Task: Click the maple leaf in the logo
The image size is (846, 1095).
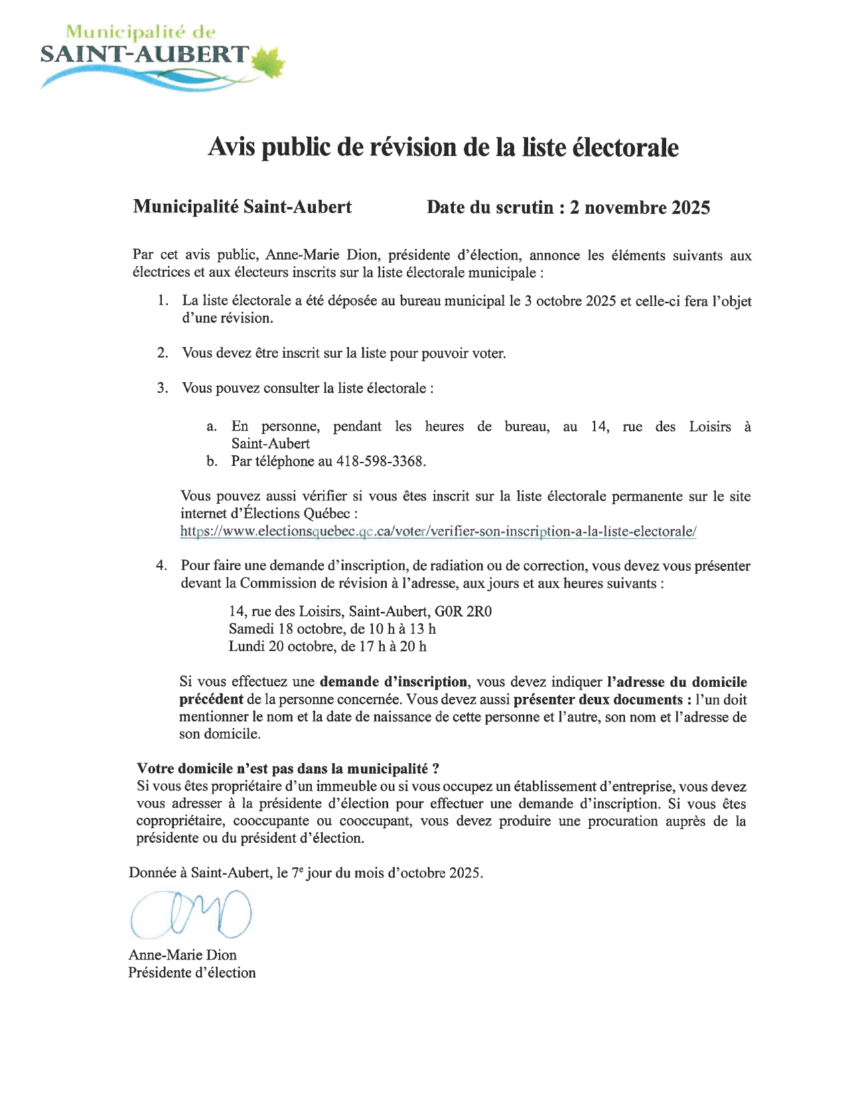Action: [x=270, y=62]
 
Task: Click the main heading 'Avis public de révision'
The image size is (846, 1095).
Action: [x=443, y=147]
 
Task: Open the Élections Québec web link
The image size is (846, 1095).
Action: [x=438, y=532]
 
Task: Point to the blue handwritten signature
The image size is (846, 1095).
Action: [x=191, y=914]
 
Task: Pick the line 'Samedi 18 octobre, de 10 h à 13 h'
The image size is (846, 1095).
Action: [x=332, y=628]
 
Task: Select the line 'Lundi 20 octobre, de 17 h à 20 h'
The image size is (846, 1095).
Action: [x=327, y=646]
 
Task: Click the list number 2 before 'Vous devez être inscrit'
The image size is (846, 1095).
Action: [x=163, y=353]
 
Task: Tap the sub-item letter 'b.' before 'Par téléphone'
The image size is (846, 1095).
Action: [x=212, y=461]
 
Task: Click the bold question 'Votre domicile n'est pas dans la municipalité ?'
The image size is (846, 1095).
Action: [x=288, y=768]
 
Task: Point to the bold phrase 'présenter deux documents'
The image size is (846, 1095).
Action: [x=598, y=699]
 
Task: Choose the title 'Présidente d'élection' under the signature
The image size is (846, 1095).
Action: [x=192, y=972]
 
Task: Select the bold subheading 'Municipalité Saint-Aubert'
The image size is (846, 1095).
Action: [x=242, y=207]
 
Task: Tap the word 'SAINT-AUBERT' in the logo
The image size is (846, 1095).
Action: [x=145, y=54]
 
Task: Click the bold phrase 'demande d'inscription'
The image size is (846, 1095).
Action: [x=393, y=682]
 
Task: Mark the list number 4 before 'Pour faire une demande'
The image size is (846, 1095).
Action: [x=161, y=565]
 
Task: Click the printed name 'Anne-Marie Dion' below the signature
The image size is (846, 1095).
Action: [x=182, y=955]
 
